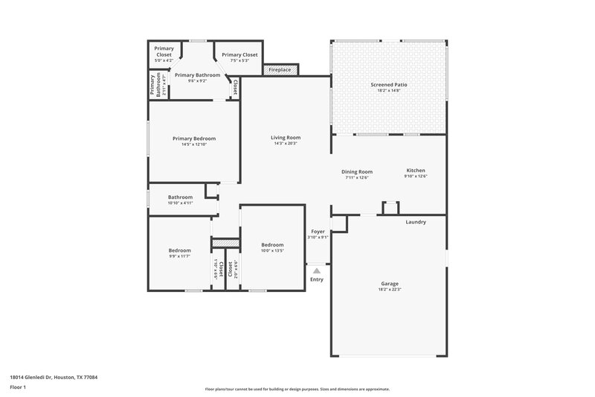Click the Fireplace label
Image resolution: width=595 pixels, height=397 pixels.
point(281,69)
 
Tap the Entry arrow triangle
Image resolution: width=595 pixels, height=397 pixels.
point(317,271)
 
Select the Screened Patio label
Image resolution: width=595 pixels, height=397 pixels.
point(389,85)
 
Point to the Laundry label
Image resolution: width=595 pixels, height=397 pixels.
point(416,223)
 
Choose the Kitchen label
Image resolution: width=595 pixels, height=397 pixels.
point(416,171)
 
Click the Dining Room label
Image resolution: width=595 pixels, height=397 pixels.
point(357,171)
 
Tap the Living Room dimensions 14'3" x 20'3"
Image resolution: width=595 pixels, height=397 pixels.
point(285,144)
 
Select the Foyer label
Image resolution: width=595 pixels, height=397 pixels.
point(318,232)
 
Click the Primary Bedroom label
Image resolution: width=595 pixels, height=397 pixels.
point(194,139)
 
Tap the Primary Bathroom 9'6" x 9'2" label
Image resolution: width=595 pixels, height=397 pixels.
point(197,77)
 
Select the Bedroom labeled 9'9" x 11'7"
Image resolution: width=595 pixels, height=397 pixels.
point(179,253)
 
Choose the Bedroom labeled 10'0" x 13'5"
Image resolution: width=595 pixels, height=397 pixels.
point(272,247)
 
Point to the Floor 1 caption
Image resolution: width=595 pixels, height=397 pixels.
point(18,387)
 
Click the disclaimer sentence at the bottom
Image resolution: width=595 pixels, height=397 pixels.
point(297,389)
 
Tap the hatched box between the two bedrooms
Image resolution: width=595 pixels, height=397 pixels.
point(226,243)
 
